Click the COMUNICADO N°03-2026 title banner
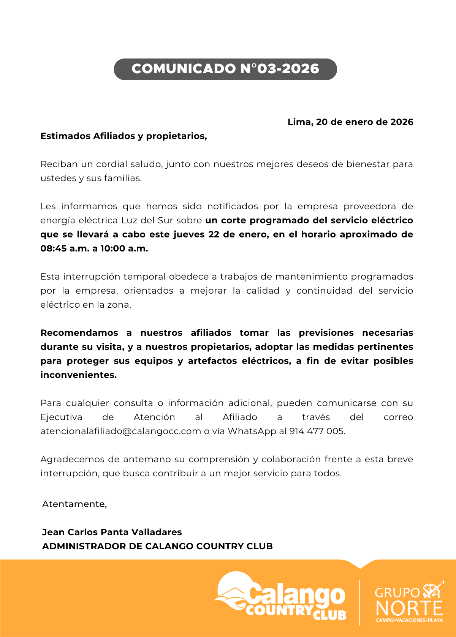[225, 69]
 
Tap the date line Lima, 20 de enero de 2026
[350, 122]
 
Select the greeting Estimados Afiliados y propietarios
[123, 136]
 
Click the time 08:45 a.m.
[64, 248]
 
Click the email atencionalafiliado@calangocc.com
[120, 431]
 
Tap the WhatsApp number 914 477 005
[317, 431]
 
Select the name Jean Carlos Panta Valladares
[112, 532]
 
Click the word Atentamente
[74, 504]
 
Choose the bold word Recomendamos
[79, 333]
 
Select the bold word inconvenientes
[78, 375]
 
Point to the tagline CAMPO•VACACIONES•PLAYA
[409, 620]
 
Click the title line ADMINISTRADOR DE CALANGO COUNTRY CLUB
[157, 546]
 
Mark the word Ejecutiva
[61, 417]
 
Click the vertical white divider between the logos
[359, 602]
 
